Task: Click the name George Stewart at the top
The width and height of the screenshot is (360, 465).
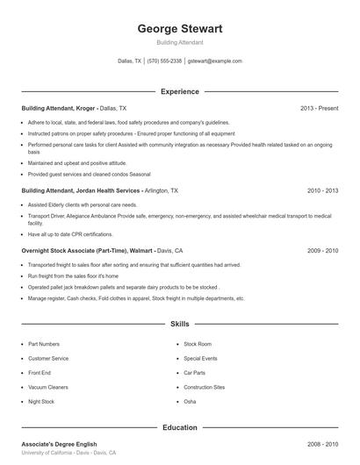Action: [x=180, y=29]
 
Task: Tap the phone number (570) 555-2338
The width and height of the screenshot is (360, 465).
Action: [x=164, y=61]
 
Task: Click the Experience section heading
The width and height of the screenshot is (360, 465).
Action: [x=180, y=91]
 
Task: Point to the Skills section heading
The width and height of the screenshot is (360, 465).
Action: [x=180, y=324]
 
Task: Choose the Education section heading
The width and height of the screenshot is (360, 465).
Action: [x=180, y=427]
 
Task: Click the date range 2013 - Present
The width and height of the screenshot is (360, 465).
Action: [x=319, y=108]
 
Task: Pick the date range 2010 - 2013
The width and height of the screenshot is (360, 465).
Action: [x=322, y=190]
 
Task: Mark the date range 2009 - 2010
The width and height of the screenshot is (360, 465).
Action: [x=322, y=250]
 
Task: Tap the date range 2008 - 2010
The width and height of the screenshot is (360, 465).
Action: [x=322, y=445]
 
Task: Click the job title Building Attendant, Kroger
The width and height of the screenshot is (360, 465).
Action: [x=58, y=108]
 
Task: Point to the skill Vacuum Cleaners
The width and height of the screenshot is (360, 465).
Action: [x=47, y=387]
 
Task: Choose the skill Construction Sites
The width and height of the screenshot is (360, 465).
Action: [x=204, y=387]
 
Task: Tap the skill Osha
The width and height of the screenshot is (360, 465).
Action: [x=190, y=402]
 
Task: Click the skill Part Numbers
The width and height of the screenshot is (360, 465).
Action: [x=44, y=344]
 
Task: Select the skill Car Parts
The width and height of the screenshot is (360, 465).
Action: [x=194, y=373]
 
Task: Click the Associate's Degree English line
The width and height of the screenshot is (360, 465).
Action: [x=59, y=445]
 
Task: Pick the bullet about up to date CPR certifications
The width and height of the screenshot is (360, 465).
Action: [x=70, y=234]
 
